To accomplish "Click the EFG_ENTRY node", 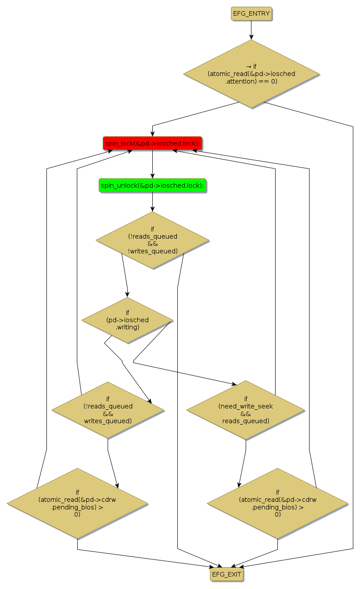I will [x=251, y=14].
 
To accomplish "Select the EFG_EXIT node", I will [x=226, y=574].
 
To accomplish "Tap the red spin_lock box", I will [x=152, y=143].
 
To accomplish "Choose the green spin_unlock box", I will [x=152, y=185].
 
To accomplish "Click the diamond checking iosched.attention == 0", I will [x=251, y=74].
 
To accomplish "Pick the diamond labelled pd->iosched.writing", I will [x=127, y=320].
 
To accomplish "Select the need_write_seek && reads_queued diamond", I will [x=246, y=409].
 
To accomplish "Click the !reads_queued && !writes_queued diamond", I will [x=152, y=240].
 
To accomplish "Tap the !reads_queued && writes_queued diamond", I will [x=108, y=409].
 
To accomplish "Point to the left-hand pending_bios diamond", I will [x=77, y=503].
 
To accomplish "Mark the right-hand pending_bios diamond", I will [x=277, y=503].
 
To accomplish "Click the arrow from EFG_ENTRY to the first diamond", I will [x=251, y=30].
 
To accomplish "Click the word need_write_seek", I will [x=246, y=406].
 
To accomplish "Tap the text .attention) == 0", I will [x=251, y=81].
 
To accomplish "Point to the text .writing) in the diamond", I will [x=127, y=327].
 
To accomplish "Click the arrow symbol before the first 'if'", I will [x=248, y=66].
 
